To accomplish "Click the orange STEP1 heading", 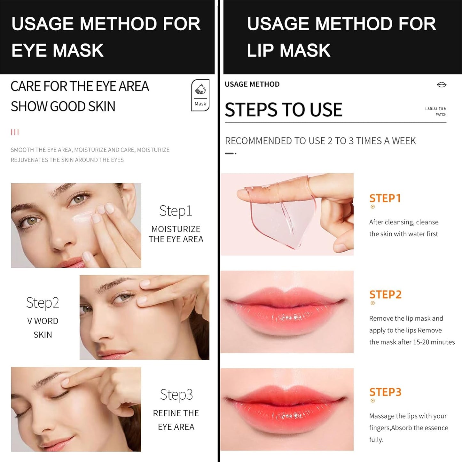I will [x=385, y=198].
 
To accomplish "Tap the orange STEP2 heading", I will [x=385, y=294].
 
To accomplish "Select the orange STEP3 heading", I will [x=385, y=392].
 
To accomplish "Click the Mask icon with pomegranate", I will [x=200, y=95].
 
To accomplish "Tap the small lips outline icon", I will [x=441, y=85].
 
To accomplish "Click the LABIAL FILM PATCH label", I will [x=436, y=112].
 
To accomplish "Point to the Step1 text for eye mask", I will [x=176, y=211].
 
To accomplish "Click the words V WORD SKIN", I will [x=43, y=328].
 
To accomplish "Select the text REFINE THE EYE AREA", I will [x=176, y=420].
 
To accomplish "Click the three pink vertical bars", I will [x=15, y=132].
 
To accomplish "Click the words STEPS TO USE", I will [x=283, y=110].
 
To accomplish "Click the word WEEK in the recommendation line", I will [x=403, y=141].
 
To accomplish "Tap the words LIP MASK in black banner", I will [x=288, y=51].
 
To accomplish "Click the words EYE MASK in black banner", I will [x=58, y=51].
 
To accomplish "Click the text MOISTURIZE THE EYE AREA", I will [x=176, y=234].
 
